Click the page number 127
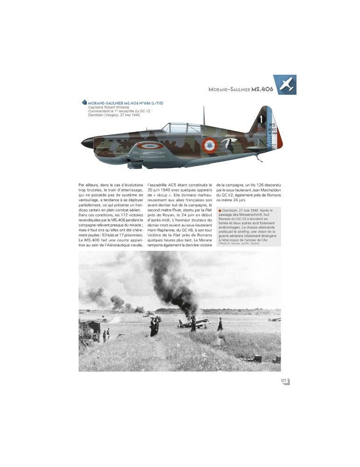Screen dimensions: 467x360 tap(283, 381)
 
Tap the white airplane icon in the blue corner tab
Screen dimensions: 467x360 tap(284, 84)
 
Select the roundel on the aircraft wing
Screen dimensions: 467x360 tap(149, 145)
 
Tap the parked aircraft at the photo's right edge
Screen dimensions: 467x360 tap(275, 319)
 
